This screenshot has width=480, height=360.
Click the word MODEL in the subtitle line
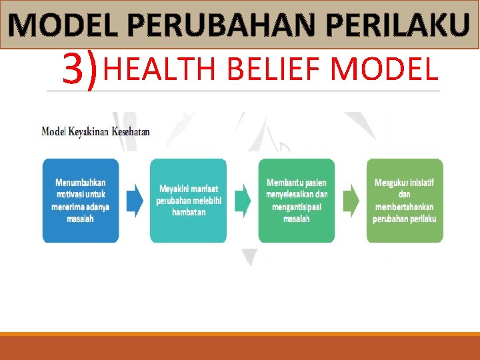(x=384, y=69)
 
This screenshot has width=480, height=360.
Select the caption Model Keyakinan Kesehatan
(x=95, y=131)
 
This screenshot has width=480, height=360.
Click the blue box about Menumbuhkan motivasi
(x=81, y=200)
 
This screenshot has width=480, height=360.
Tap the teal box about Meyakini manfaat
(x=188, y=200)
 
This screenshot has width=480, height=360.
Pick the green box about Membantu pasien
(x=297, y=200)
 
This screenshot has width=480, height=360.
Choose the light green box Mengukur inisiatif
(x=405, y=200)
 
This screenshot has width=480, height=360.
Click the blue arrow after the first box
(x=135, y=200)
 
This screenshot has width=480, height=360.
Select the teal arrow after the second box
(x=243, y=200)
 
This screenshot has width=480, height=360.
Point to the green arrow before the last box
(x=351, y=200)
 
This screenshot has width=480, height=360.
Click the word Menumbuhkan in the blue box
(x=81, y=182)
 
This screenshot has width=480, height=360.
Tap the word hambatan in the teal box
(x=188, y=212)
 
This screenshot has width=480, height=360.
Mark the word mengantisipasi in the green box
(x=297, y=207)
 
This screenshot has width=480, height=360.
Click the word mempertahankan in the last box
(x=405, y=207)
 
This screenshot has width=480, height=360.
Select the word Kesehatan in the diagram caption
(x=131, y=131)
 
